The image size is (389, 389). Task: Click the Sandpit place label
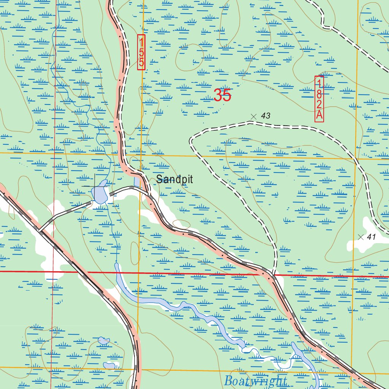[x=174, y=179]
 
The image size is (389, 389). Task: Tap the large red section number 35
[x=222, y=95]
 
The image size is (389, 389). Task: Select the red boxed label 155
[x=141, y=52]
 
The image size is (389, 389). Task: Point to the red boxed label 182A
[x=319, y=99]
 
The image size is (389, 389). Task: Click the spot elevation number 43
[x=266, y=116]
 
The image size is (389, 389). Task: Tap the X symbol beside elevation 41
[x=361, y=237]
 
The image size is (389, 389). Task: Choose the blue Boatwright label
[x=255, y=381]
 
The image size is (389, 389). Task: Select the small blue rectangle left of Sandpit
[x=137, y=180]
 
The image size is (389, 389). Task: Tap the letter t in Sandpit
[x=191, y=179]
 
